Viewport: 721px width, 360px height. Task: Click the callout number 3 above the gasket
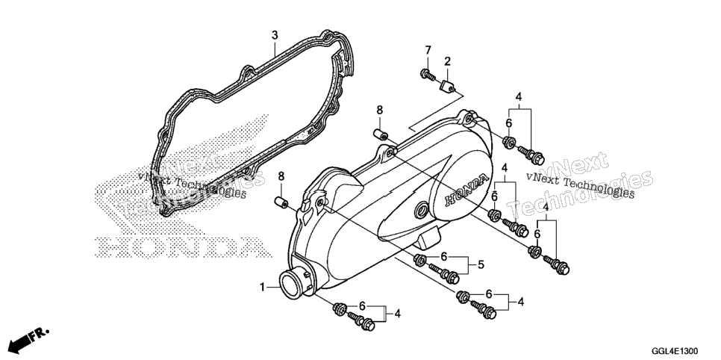275,35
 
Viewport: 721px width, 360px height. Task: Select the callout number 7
428,50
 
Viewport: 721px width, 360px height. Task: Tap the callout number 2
447,60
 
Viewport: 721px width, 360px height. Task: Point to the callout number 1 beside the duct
262,288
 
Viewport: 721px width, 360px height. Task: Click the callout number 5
481,264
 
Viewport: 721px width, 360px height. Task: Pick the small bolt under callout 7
428,75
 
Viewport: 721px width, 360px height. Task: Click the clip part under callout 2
449,86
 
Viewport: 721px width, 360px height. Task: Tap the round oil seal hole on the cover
420,211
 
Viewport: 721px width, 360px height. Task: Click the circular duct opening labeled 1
291,284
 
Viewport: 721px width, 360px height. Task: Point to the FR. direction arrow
28,338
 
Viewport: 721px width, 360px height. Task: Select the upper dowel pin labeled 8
380,134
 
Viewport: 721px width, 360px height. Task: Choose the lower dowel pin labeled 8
281,202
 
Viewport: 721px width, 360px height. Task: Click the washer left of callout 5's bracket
419,260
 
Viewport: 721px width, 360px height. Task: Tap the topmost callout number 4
519,97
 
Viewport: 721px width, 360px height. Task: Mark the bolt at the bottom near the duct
361,321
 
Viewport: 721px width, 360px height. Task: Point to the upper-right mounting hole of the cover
469,120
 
